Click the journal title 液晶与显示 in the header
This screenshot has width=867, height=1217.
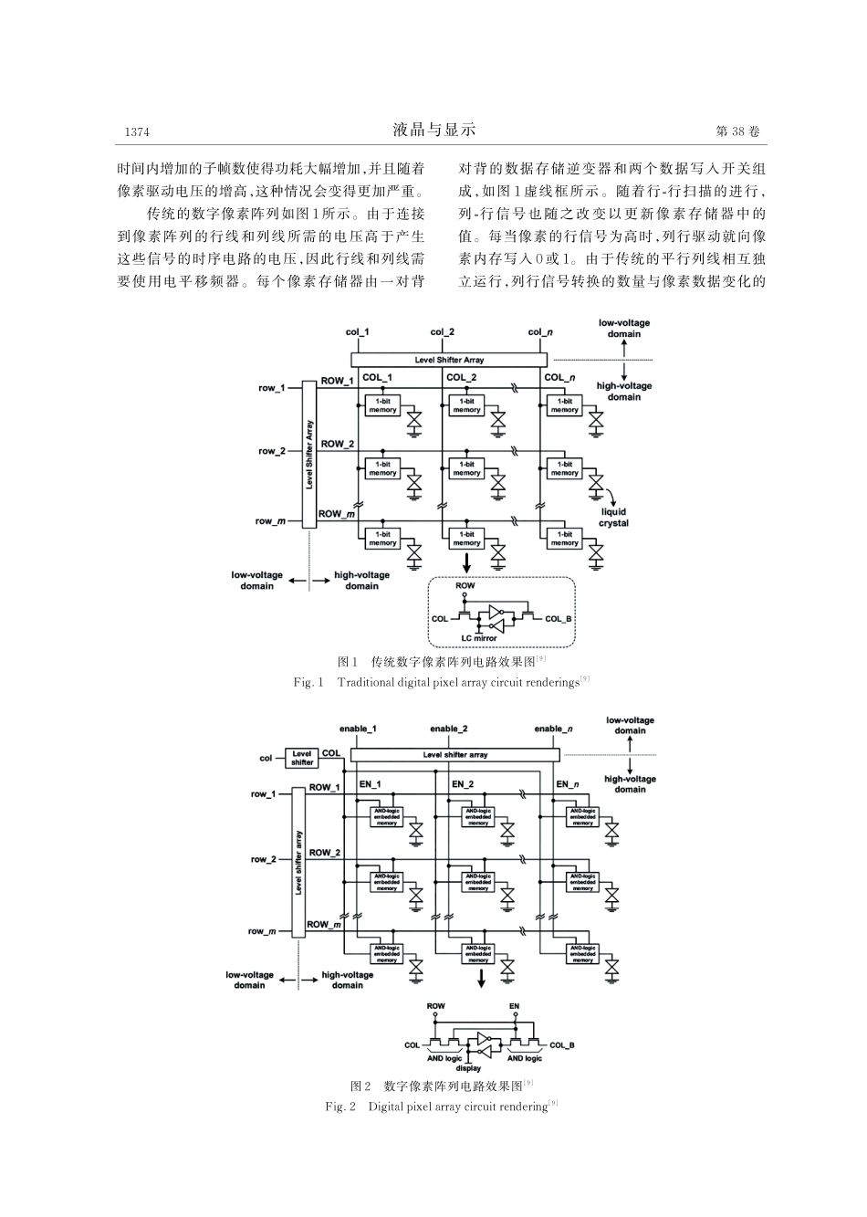(434, 131)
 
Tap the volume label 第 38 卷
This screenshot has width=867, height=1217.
(737, 132)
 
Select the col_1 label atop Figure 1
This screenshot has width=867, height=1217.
(358, 331)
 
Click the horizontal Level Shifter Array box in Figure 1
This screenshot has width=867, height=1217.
(449, 360)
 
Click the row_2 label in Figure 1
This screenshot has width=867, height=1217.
(271, 451)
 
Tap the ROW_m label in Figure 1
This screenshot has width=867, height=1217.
(331, 514)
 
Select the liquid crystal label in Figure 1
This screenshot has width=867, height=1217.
(613, 518)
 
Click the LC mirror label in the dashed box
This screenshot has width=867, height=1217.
(478, 637)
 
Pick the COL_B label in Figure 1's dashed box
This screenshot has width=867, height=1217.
(558, 619)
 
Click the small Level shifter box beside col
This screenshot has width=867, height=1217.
(302, 758)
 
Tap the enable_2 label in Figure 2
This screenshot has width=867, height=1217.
(449, 729)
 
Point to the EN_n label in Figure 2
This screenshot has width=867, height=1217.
(567, 784)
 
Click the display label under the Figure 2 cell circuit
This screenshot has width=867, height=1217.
(468, 1067)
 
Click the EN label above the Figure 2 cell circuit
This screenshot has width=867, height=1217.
(514, 1006)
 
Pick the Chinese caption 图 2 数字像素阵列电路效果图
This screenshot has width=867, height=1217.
(441, 1086)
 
